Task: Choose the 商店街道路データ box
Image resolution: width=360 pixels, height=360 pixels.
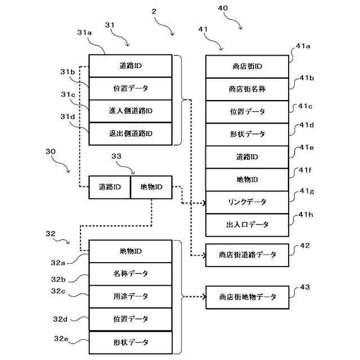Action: [247, 255]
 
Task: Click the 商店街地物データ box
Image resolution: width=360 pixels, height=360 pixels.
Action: [247, 296]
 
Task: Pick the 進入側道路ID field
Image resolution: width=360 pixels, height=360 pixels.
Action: [130, 111]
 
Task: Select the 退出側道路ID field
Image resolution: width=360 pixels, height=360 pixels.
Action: [130, 133]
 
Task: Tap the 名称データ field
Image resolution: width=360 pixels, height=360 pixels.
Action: [130, 273]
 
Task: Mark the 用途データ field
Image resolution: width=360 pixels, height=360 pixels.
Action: [130, 296]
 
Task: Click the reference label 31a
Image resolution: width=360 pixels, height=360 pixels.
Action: [85, 33]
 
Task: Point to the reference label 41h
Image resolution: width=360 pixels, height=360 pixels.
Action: [306, 215]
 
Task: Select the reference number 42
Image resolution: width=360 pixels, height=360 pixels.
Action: [305, 245]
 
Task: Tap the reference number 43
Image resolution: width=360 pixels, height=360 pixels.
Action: [305, 287]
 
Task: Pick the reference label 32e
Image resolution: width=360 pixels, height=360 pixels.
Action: [61, 339]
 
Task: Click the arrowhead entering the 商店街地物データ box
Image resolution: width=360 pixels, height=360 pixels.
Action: [203, 296]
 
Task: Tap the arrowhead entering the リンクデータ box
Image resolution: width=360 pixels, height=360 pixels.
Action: [203, 202]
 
